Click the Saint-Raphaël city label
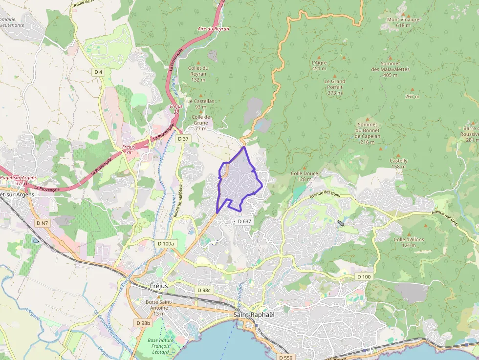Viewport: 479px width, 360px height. pos(254,314)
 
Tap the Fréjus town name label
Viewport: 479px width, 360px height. pos(159,285)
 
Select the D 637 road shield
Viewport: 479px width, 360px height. pos(244,221)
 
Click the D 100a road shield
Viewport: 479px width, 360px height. pos(166,243)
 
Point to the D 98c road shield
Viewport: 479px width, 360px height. pos(204,290)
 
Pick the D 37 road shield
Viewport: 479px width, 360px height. pos(183,139)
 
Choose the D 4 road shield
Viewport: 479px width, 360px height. pos(98,72)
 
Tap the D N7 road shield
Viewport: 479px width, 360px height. pos(43,223)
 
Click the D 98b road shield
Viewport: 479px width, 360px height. pos(143,323)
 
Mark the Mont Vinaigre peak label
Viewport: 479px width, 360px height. pos(403,20)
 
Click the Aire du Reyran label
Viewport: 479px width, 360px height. pos(213,29)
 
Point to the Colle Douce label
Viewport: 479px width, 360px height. pos(305,173)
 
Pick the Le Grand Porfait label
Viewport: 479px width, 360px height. pos(335,84)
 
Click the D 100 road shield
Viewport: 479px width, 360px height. pos(364,277)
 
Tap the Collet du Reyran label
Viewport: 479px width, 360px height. pos(198,71)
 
